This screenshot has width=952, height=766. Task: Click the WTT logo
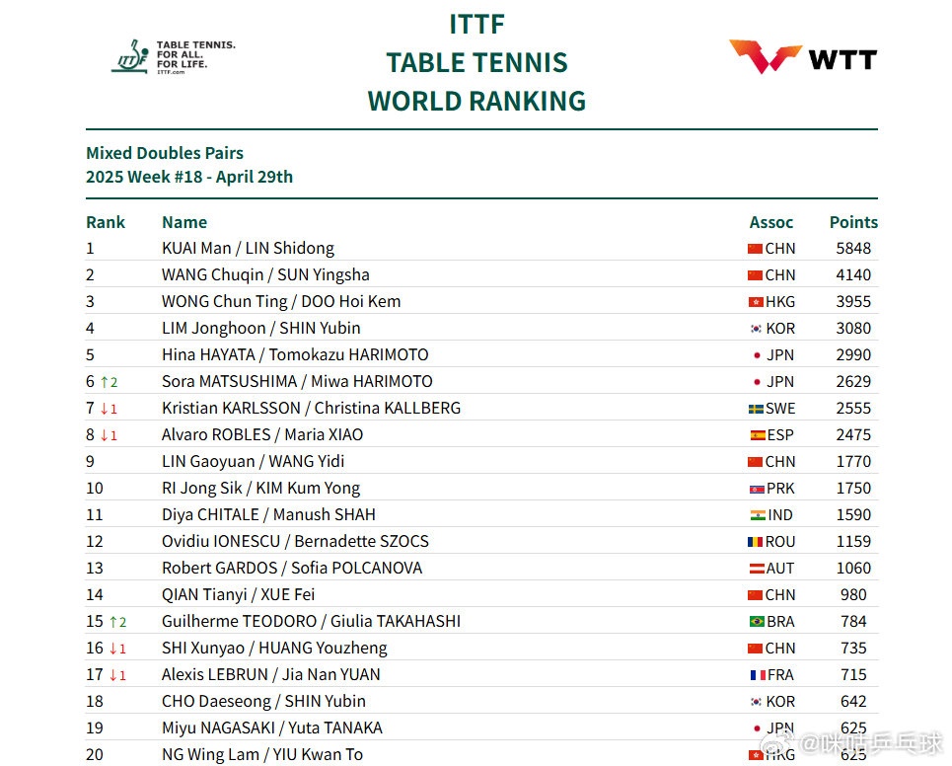(802, 56)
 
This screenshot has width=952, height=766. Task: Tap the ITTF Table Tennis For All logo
(173, 56)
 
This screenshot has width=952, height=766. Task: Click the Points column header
(853, 222)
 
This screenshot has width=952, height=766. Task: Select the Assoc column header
(771, 222)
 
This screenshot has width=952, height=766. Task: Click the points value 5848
(853, 249)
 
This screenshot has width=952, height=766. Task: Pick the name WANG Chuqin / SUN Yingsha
(265, 275)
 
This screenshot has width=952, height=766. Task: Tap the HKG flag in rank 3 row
(756, 302)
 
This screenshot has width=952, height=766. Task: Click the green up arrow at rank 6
(104, 382)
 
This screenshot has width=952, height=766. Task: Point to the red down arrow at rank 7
(104, 409)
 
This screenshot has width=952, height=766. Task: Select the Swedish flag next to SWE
(756, 409)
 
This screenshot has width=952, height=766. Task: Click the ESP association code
(780, 435)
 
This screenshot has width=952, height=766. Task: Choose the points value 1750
(853, 489)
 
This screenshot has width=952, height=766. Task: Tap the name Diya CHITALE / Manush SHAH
(268, 515)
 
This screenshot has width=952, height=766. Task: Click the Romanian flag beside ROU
(756, 542)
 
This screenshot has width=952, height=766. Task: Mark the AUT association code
(780, 569)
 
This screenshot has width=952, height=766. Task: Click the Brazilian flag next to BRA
(757, 622)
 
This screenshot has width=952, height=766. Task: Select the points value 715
(853, 675)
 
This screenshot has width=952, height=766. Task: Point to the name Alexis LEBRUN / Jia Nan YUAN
(271, 675)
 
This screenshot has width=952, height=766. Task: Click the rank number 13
(95, 569)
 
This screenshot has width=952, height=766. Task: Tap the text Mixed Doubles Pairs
(165, 153)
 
